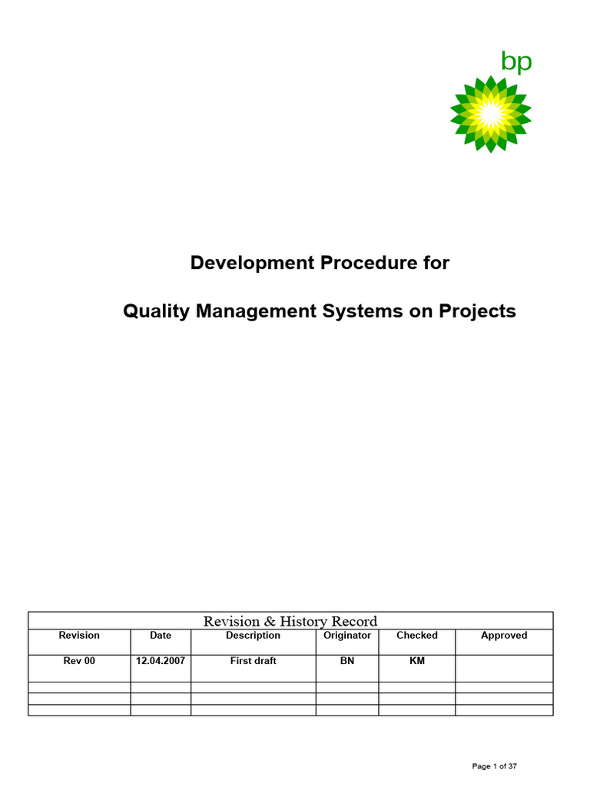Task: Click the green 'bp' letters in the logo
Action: coord(516,61)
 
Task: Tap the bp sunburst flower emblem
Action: coord(490,113)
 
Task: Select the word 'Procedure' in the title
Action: coord(368,263)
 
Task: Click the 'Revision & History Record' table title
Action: coord(290,621)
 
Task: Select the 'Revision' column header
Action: coord(79,636)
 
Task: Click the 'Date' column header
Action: coord(161,636)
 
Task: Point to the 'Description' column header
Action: coord(253,636)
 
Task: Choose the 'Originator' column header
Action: coord(347,636)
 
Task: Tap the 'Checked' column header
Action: coord(417,636)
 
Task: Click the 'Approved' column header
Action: coord(504,636)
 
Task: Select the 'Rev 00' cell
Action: coord(79,661)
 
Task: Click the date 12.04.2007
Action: coord(161,661)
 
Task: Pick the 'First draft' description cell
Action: coord(253,661)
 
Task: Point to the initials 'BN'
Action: coord(347,661)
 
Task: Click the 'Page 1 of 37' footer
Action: coord(494,766)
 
